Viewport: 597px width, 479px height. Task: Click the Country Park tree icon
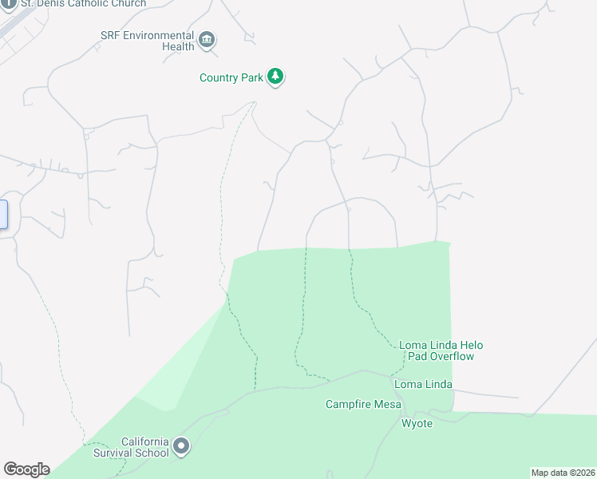click(275, 77)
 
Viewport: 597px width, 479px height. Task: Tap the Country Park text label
click(230, 78)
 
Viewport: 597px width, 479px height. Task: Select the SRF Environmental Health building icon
click(207, 40)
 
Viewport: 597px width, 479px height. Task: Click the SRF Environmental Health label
click(148, 41)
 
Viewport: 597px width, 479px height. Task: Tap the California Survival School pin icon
click(181, 447)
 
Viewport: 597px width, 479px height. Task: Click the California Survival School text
click(144, 447)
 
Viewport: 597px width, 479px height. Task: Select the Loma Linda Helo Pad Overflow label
click(441, 350)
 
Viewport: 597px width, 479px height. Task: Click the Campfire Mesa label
click(363, 404)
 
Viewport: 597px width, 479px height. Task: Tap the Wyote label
click(417, 423)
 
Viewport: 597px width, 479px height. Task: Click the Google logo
click(26, 469)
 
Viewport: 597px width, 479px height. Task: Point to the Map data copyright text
click(563, 473)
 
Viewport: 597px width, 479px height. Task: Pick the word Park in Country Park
click(251, 78)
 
